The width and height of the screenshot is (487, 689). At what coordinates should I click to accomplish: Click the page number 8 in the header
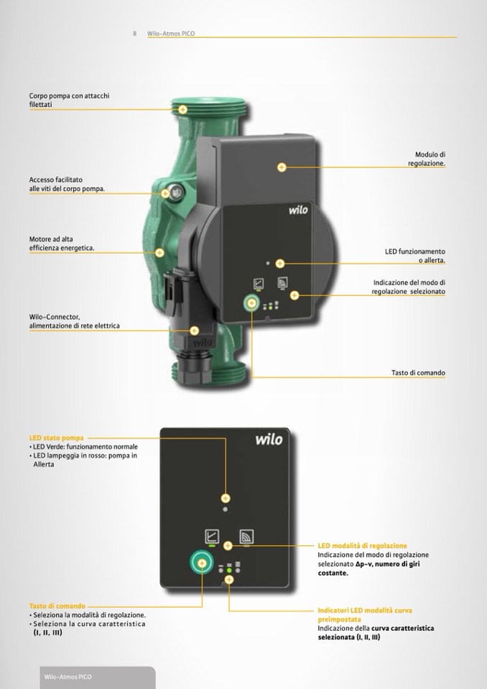click(x=134, y=33)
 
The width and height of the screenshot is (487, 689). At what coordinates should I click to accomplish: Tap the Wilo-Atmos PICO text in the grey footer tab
click(x=68, y=677)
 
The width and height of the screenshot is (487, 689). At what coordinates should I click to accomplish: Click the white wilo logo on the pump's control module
click(x=298, y=210)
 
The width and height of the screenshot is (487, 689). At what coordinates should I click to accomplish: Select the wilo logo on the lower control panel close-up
click(x=269, y=439)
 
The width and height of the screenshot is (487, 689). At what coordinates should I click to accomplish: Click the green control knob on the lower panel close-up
click(x=202, y=563)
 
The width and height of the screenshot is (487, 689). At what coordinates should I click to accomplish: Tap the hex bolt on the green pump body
click(x=176, y=190)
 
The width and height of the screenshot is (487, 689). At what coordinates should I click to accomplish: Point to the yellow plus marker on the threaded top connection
click(x=182, y=109)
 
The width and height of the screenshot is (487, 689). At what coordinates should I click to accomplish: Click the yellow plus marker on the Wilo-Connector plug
click(x=194, y=330)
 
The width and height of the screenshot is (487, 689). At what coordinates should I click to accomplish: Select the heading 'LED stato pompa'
click(x=56, y=438)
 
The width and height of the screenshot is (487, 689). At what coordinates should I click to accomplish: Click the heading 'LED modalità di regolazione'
click(x=362, y=546)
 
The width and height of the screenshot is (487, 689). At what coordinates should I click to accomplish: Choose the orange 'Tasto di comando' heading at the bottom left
click(x=57, y=606)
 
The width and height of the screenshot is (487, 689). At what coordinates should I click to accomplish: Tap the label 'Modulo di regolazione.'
click(x=427, y=159)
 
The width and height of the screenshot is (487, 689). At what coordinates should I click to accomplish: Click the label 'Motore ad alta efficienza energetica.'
click(x=62, y=244)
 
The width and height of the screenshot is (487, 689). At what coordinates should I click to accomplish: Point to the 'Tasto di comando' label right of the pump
click(x=418, y=373)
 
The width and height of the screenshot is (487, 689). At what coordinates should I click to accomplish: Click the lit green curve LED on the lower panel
click(x=229, y=570)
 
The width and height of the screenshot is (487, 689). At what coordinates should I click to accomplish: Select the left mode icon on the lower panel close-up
click(x=212, y=537)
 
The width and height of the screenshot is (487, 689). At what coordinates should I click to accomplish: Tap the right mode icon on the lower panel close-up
click(x=246, y=537)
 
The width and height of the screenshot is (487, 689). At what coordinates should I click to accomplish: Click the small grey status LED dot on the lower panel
click(x=226, y=509)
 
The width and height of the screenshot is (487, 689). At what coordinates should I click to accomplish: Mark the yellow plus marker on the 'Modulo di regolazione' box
click(x=282, y=167)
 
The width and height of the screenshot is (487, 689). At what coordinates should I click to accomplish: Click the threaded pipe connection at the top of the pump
click(x=208, y=107)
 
